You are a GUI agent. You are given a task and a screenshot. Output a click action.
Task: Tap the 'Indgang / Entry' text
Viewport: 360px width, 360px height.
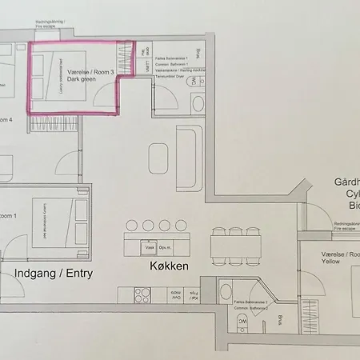click(x=54, y=273)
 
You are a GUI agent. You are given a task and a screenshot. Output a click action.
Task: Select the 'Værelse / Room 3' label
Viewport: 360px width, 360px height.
click(x=90, y=72)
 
